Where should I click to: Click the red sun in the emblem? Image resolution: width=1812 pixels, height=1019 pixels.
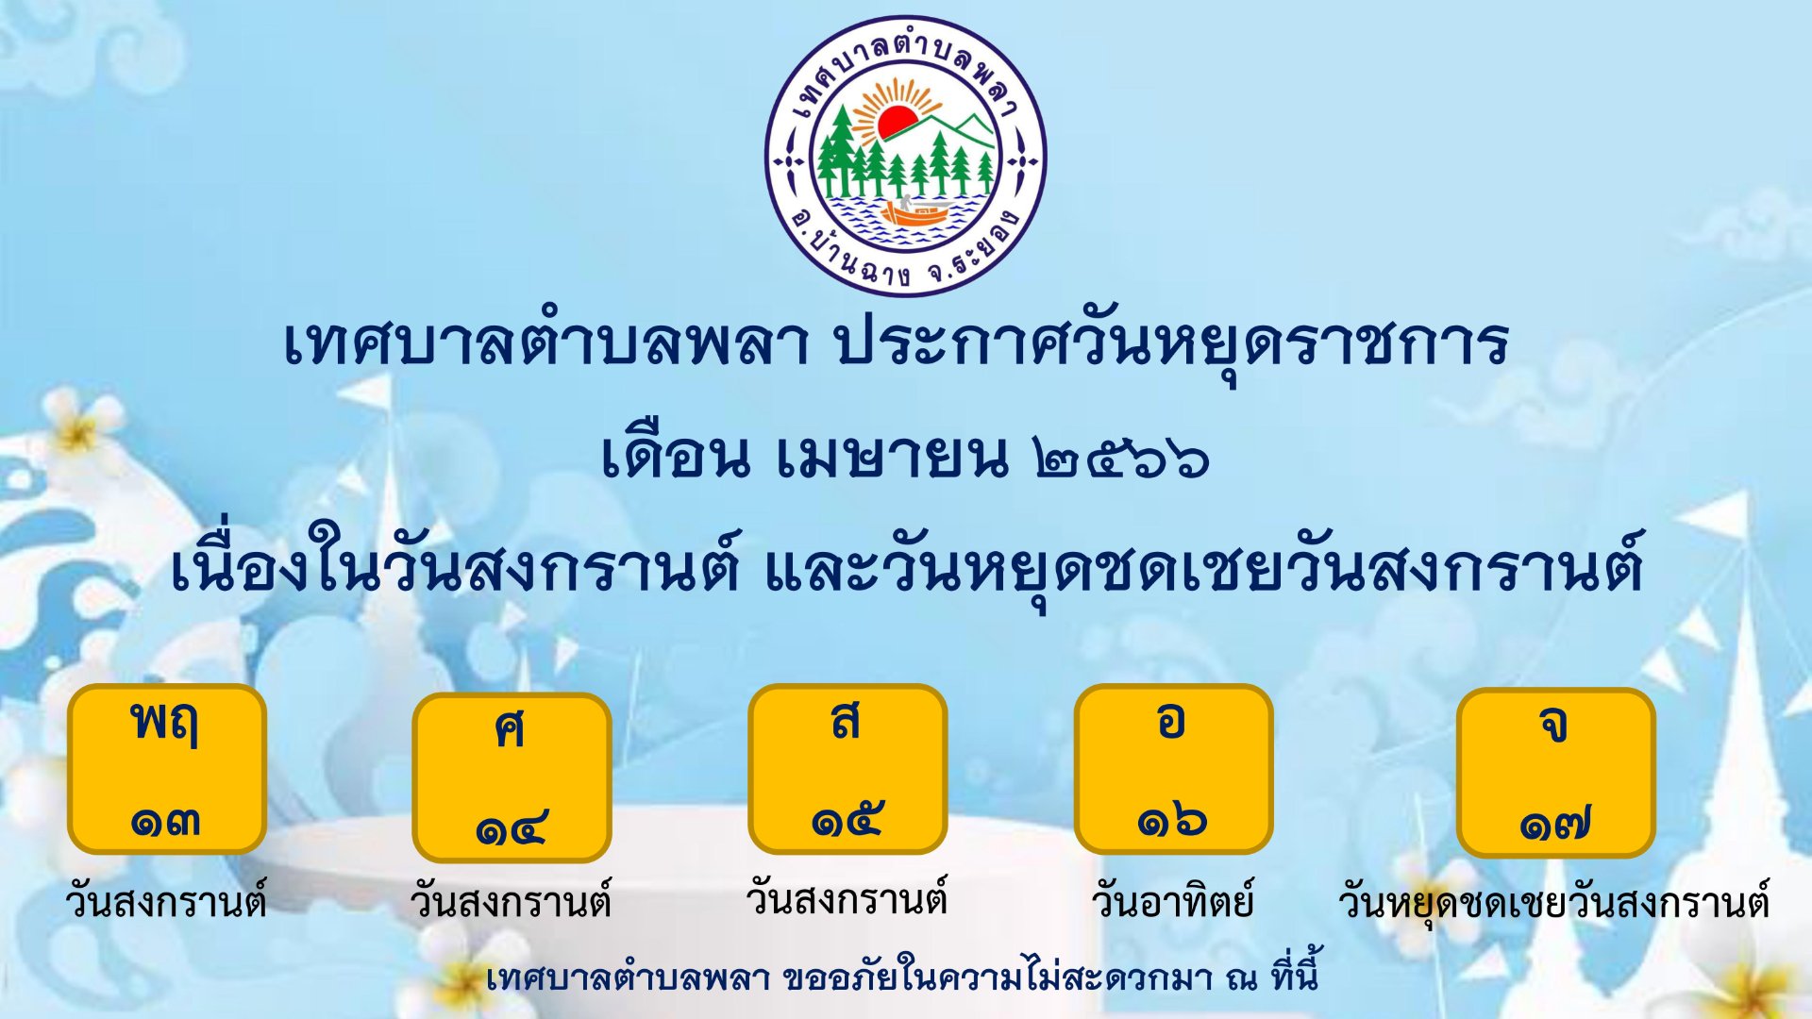pyautogui.click(x=897, y=122)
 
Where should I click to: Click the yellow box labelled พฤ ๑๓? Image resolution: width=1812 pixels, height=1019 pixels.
pyautogui.click(x=167, y=769)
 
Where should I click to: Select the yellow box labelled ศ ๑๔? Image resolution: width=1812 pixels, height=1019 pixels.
pyautogui.click(x=512, y=777)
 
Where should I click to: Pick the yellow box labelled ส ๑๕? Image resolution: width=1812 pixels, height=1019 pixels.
pyautogui.click(x=847, y=769)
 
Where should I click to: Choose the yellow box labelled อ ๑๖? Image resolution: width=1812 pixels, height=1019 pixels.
pyautogui.click(x=1173, y=769)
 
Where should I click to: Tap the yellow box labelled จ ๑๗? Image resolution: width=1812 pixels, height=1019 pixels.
pyautogui.click(x=1556, y=773)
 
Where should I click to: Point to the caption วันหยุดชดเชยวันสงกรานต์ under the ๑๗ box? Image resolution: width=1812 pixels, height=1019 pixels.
pyautogui.click(x=1553, y=903)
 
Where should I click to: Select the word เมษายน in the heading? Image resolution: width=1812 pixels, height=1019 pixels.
pyautogui.click(x=892, y=457)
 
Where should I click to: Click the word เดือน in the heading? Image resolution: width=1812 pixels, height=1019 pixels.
pyautogui.click(x=676, y=455)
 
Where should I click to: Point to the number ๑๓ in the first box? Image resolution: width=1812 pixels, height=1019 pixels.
pyautogui.click(x=165, y=822)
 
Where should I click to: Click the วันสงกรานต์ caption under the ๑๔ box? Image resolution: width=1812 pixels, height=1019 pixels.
pyautogui.click(x=511, y=901)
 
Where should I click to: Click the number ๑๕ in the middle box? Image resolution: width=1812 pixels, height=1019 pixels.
pyautogui.click(x=847, y=820)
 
